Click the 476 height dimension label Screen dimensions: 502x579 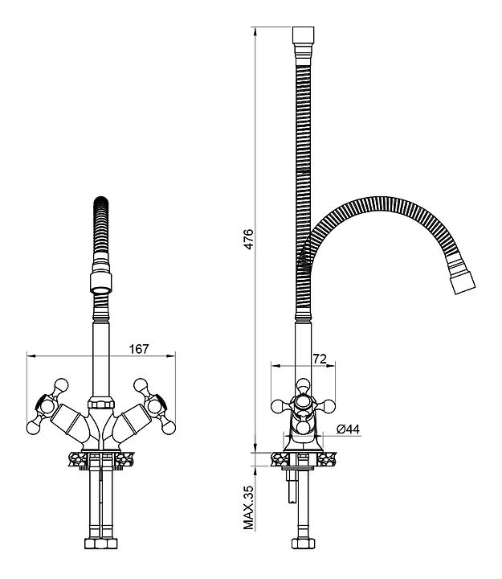pos(249,240)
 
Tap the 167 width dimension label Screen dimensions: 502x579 pos(139,349)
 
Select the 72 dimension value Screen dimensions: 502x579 pos(320,359)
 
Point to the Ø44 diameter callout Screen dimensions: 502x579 pos(349,429)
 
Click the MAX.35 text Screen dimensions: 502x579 pos(249,509)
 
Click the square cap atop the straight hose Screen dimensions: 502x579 pos(303,36)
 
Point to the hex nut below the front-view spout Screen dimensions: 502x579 pos(100,403)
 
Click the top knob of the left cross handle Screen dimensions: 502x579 pos(61,384)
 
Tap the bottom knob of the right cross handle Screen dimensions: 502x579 pos(169,428)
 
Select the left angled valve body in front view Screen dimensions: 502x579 pos(70,421)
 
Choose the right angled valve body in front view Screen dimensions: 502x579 pos(132,421)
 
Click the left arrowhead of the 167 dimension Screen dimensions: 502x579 pos(31,356)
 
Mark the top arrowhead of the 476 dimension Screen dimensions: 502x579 pos(255,31)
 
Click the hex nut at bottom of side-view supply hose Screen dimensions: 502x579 pos(303,544)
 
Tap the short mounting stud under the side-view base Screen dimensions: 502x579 pos(292,486)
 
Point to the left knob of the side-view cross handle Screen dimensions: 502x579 pos(278,407)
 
